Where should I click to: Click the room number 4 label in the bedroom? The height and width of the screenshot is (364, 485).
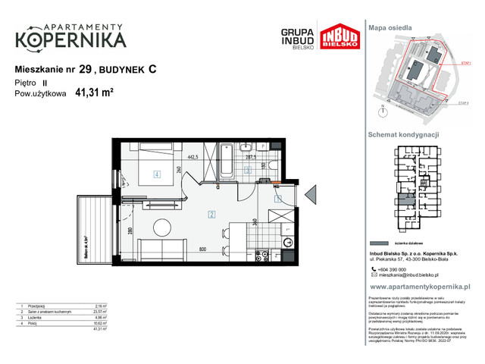click(157, 174)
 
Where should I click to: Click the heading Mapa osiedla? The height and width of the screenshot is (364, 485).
click(390, 27)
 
